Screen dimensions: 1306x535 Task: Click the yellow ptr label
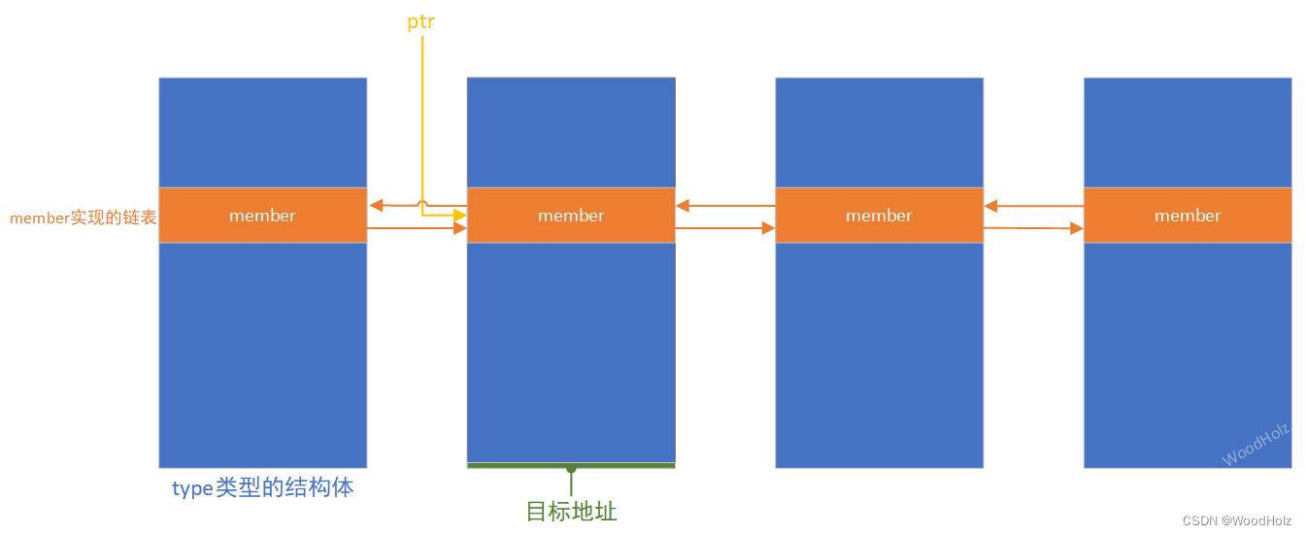point(420,20)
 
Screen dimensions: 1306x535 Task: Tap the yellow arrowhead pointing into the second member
point(458,215)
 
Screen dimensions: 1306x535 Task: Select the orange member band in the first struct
point(262,216)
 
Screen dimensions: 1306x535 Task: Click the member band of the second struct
point(571,216)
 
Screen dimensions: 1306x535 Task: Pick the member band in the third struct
point(879,216)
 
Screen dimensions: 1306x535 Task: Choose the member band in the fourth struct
point(1188,216)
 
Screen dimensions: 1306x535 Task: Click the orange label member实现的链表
point(84,217)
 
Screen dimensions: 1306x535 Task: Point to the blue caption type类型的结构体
point(262,488)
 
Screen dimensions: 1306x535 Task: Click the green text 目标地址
point(571,511)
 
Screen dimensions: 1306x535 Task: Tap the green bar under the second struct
point(571,465)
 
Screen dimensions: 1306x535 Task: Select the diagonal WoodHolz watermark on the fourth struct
point(1256,445)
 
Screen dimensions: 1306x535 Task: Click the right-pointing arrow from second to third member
point(724,228)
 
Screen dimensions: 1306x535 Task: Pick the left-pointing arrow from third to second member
point(724,205)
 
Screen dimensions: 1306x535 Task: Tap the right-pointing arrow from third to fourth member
point(1033,228)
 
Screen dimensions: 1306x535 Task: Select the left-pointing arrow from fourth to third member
point(1033,205)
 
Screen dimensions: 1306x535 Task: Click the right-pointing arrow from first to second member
point(417,228)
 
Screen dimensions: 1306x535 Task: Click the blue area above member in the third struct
point(879,132)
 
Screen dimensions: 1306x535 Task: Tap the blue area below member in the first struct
point(262,354)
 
